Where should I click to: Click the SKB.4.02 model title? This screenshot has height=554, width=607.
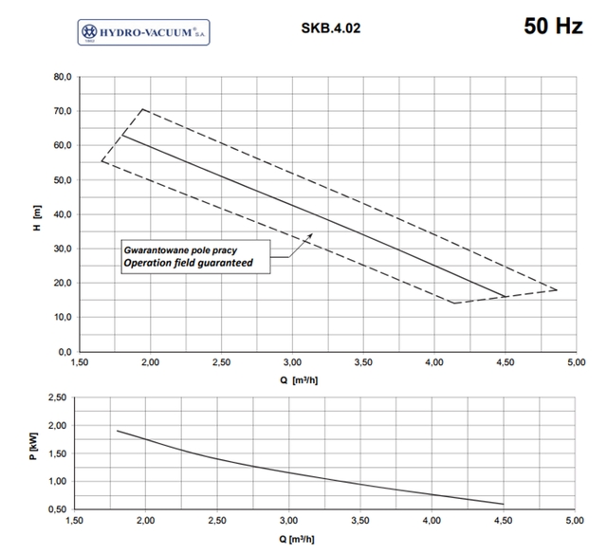click(330, 28)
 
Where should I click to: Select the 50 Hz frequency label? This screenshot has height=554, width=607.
click(552, 27)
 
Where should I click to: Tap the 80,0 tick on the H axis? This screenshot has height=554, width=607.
click(62, 77)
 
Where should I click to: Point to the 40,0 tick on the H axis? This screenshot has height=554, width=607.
click(62, 214)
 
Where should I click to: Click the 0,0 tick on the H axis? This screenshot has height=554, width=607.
click(64, 352)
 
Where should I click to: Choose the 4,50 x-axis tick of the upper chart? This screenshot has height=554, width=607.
click(505, 362)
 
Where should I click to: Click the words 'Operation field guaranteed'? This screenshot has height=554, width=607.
click(189, 263)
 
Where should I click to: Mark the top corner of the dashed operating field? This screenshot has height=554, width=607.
click(142, 109)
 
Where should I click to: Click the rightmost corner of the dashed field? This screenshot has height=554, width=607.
click(557, 290)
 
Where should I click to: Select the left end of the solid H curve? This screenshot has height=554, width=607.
click(121, 136)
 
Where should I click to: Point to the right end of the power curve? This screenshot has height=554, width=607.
click(504, 504)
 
